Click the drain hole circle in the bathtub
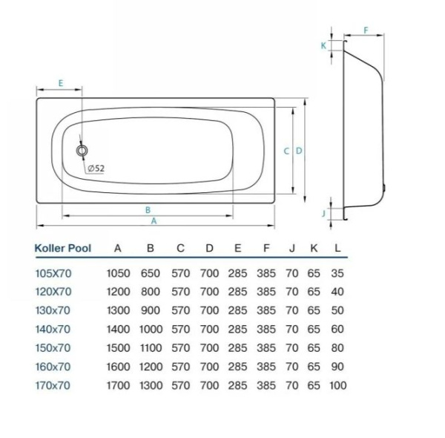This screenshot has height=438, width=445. [82, 150]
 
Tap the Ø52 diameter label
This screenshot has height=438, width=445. [96, 169]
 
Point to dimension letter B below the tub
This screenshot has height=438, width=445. [148, 210]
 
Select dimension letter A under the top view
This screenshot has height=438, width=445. [154, 221]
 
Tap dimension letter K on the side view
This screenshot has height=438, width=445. [323, 45]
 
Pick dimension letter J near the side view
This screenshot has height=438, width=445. [324, 213]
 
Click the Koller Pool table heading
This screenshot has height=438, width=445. [63, 248]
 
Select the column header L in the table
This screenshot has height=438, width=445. [338, 248]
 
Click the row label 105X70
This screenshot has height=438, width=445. [54, 273]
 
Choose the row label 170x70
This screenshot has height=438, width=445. [53, 385]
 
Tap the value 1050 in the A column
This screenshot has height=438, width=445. [119, 273]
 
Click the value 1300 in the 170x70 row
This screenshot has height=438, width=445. [151, 385]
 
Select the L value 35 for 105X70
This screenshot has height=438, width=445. [338, 273]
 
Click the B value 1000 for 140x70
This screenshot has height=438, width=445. [151, 329]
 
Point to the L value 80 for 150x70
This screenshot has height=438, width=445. [338, 348]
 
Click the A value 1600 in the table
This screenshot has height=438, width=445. [119, 367]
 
